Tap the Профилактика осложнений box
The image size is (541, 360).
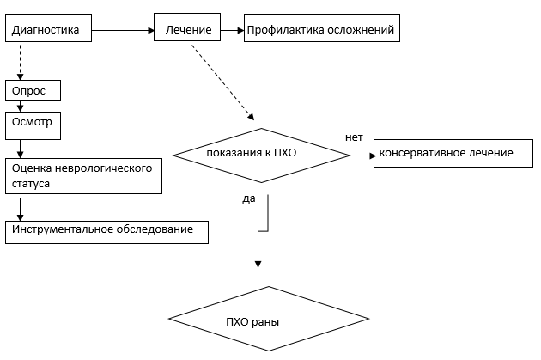(321, 30)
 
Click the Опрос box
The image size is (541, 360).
(34, 91)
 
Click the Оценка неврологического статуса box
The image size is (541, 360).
(84, 175)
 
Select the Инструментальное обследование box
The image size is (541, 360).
(106, 231)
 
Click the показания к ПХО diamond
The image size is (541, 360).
(261, 155)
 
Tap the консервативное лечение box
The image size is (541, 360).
(446, 153)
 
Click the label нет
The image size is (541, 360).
(354, 137)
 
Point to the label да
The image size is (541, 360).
(249, 198)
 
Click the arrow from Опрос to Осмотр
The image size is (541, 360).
(19, 106)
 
